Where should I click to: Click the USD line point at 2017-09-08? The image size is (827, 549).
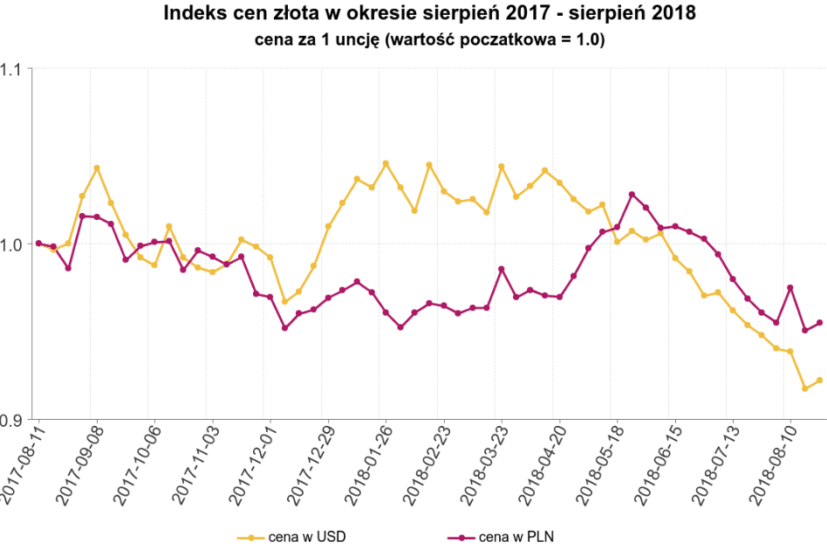[x=97, y=168]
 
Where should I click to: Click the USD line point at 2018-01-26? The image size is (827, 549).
[x=386, y=163]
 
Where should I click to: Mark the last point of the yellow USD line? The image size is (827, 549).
[x=819, y=380]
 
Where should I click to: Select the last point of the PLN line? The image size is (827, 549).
[x=819, y=323]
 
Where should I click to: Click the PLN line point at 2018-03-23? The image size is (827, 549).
[x=502, y=269]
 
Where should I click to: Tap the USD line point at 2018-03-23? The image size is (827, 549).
[x=502, y=166]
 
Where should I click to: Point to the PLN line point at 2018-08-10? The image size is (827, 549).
[x=790, y=287]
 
